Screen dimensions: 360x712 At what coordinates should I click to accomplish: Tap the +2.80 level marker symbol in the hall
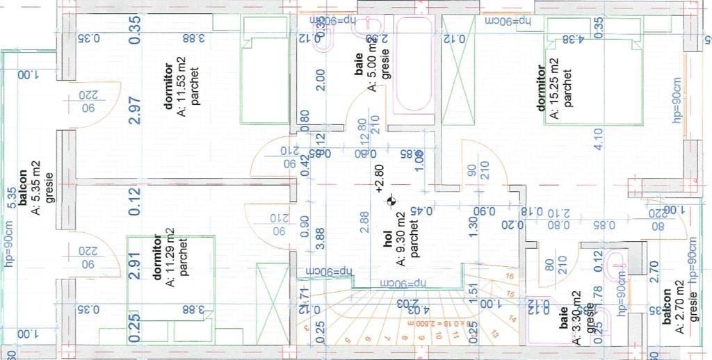tap(392, 202)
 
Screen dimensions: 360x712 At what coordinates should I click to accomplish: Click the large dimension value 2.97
tap(135, 110)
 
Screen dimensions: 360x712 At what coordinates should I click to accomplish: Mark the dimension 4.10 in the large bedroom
tap(599, 139)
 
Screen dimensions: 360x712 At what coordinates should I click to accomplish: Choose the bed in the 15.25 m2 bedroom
tap(593, 81)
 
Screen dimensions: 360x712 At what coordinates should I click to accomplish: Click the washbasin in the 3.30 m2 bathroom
tap(615, 265)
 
